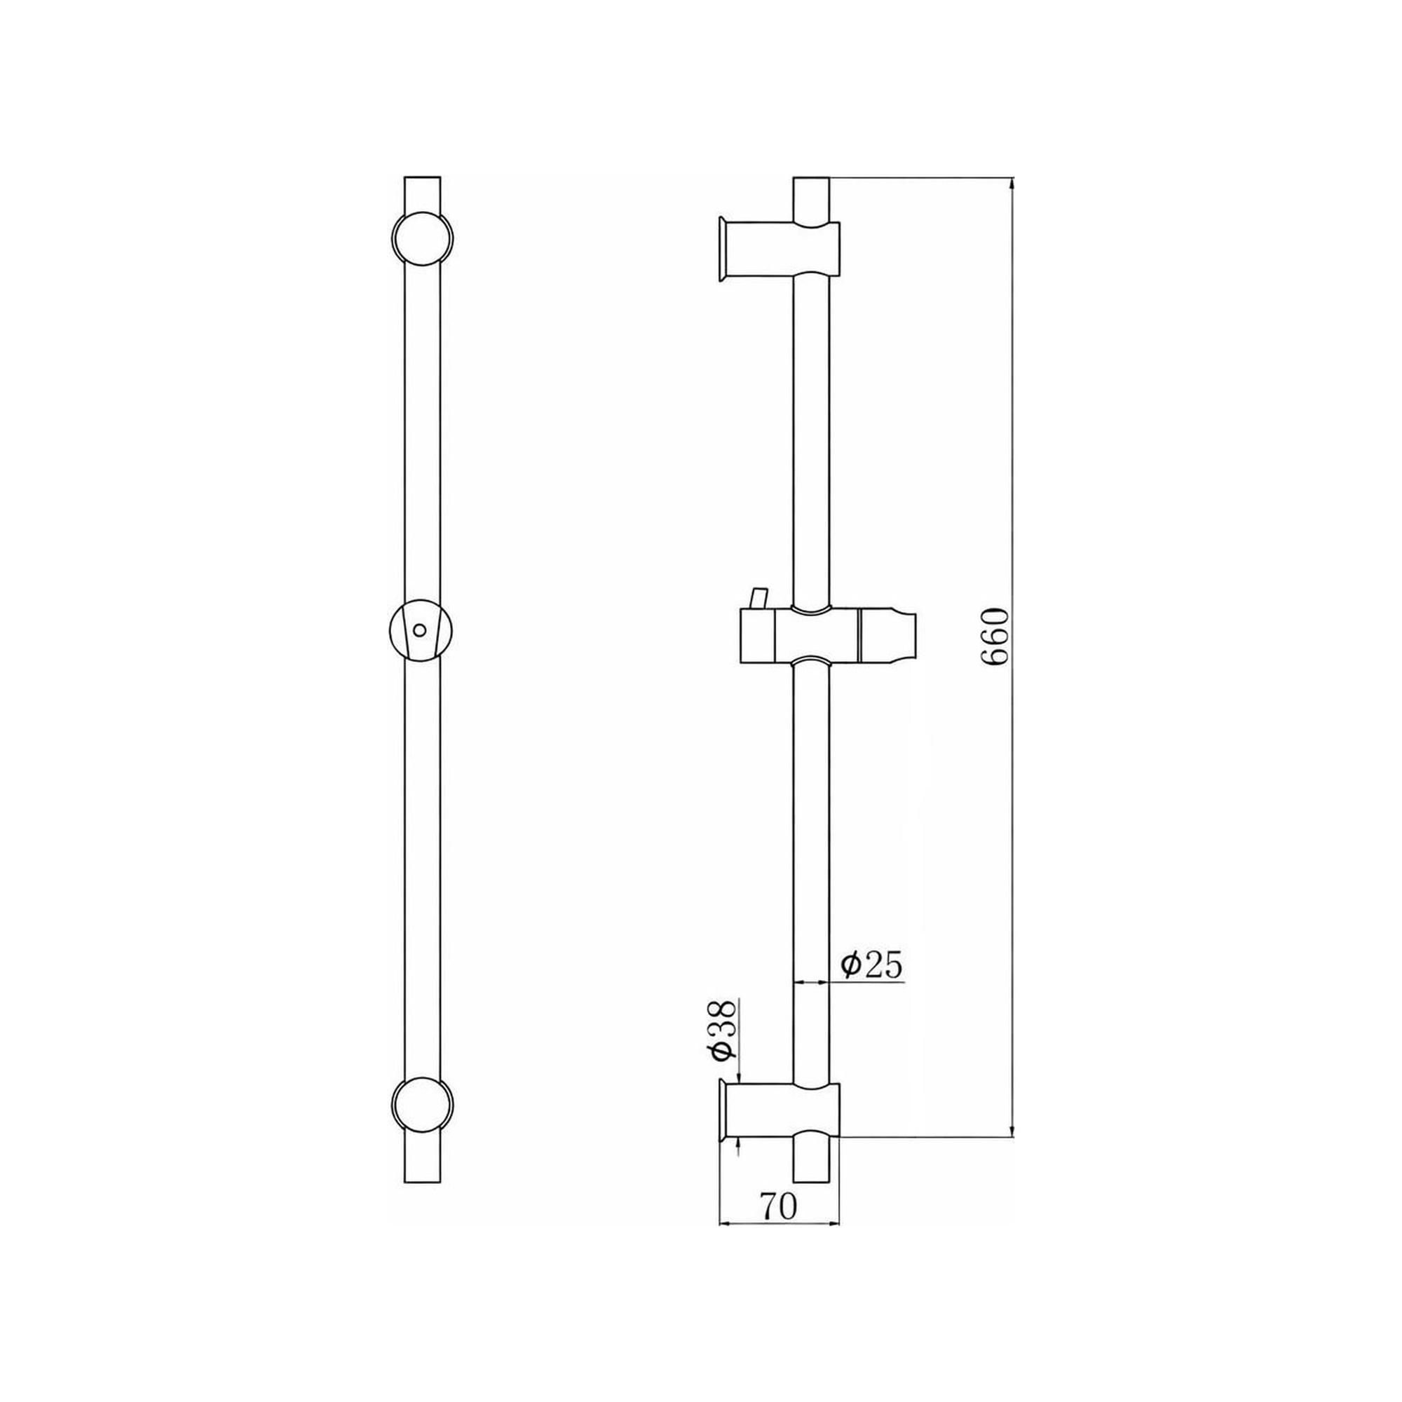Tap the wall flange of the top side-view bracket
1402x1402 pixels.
(721, 248)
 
